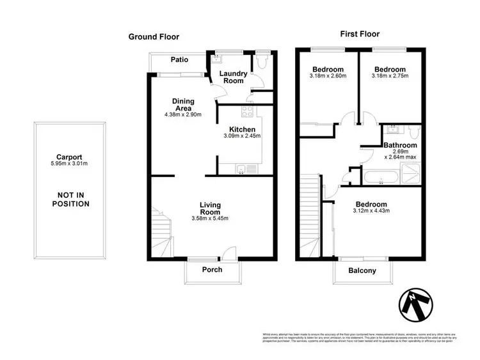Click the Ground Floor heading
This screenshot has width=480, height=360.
coord(154,36)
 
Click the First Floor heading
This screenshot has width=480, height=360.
coord(360,35)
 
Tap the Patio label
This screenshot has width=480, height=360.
coord(179,60)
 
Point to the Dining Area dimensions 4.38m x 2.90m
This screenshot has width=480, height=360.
coord(182,115)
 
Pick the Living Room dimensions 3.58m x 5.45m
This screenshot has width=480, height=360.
coord(210,219)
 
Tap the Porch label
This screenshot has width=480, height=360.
coord(212,269)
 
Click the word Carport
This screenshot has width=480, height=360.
coord(70,156)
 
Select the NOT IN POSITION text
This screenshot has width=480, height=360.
coord(70,199)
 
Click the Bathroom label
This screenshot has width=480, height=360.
coord(401,146)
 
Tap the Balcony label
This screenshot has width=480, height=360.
coord(362,270)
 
